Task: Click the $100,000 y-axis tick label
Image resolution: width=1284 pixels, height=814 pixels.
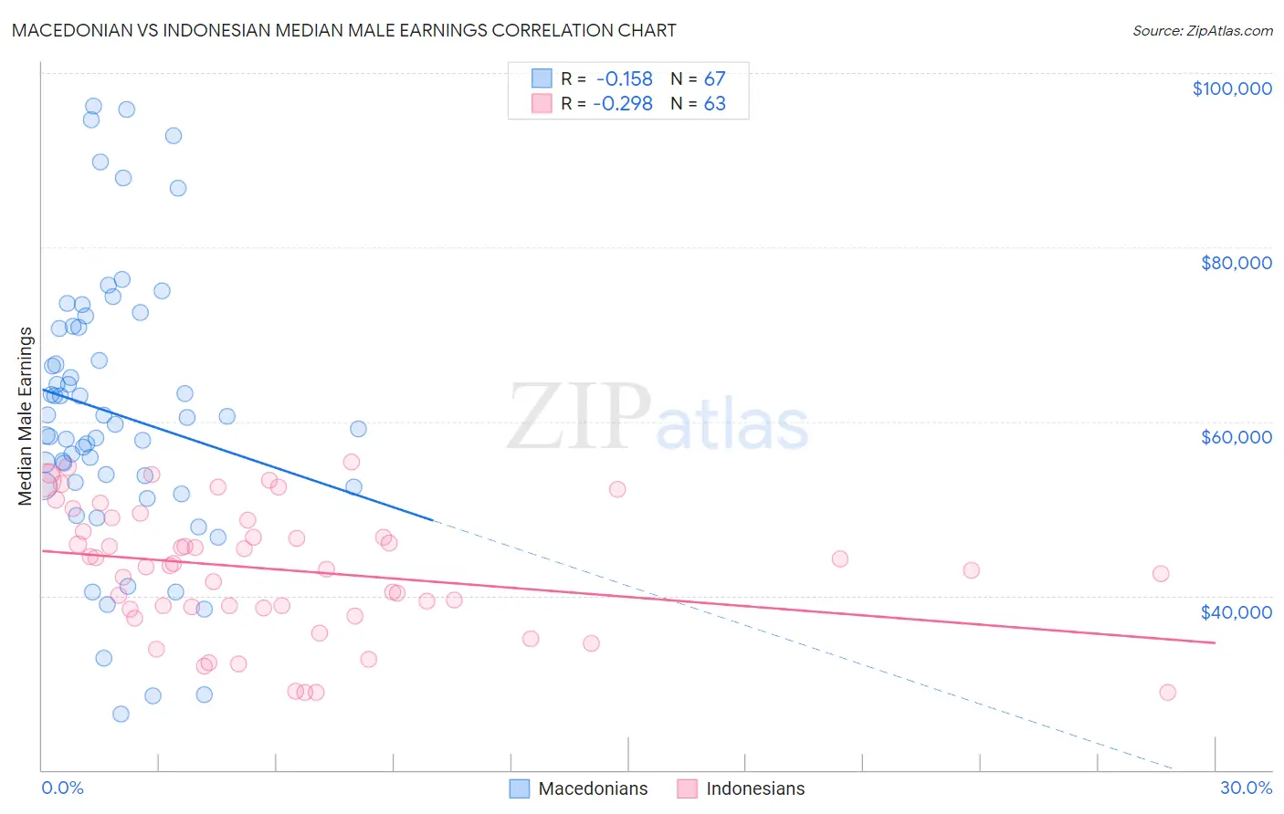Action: coord(1232,89)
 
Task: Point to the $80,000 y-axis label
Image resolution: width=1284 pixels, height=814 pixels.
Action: coord(1236,263)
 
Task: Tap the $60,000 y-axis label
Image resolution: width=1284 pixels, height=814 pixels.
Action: coord(1236,437)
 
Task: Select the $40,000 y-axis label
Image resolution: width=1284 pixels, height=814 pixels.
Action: coord(1236,612)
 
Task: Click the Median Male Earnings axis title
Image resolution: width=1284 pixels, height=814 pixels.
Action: coord(25,415)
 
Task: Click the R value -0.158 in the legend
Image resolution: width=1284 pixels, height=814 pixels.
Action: coord(624,79)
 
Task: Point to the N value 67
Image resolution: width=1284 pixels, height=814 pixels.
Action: coord(714,79)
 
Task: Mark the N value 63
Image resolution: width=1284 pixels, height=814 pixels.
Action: coord(714,104)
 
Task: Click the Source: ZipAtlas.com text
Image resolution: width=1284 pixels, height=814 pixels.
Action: coord(1202,31)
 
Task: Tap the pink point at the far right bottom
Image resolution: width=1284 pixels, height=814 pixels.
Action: coord(1167,692)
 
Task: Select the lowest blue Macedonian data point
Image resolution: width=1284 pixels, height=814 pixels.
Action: coord(121,714)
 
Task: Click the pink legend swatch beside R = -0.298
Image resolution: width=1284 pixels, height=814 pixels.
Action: coord(542,103)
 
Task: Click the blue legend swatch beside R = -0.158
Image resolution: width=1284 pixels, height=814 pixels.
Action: coord(542,78)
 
